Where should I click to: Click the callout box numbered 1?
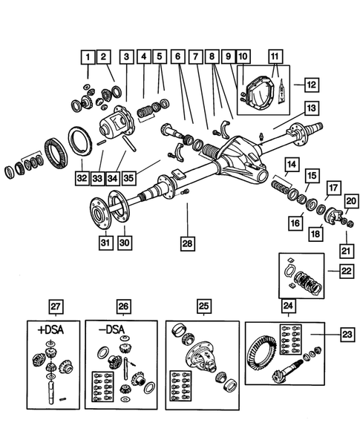coord(88,56)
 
